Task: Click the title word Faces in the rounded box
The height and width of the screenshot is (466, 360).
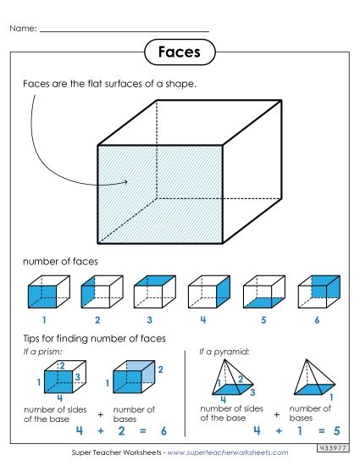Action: (x=179, y=52)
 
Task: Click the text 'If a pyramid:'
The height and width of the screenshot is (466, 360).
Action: (x=218, y=351)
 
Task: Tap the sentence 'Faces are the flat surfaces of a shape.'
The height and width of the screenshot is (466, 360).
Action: (x=109, y=84)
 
